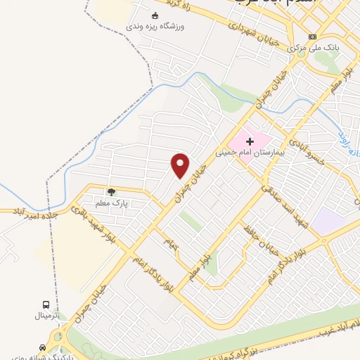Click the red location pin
pyautogui.click(x=181, y=165)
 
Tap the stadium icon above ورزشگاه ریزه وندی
pyautogui.click(x=155, y=15)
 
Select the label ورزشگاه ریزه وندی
pyautogui.click(x=155, y=26)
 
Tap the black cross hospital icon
pyautogui.click(x=250, y=141)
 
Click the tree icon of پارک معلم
pyautogui.click(x=110, y=191)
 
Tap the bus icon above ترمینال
pyautogui.click(x=46, y=304)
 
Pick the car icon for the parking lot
pyautogui.click(x=44, y=347)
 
